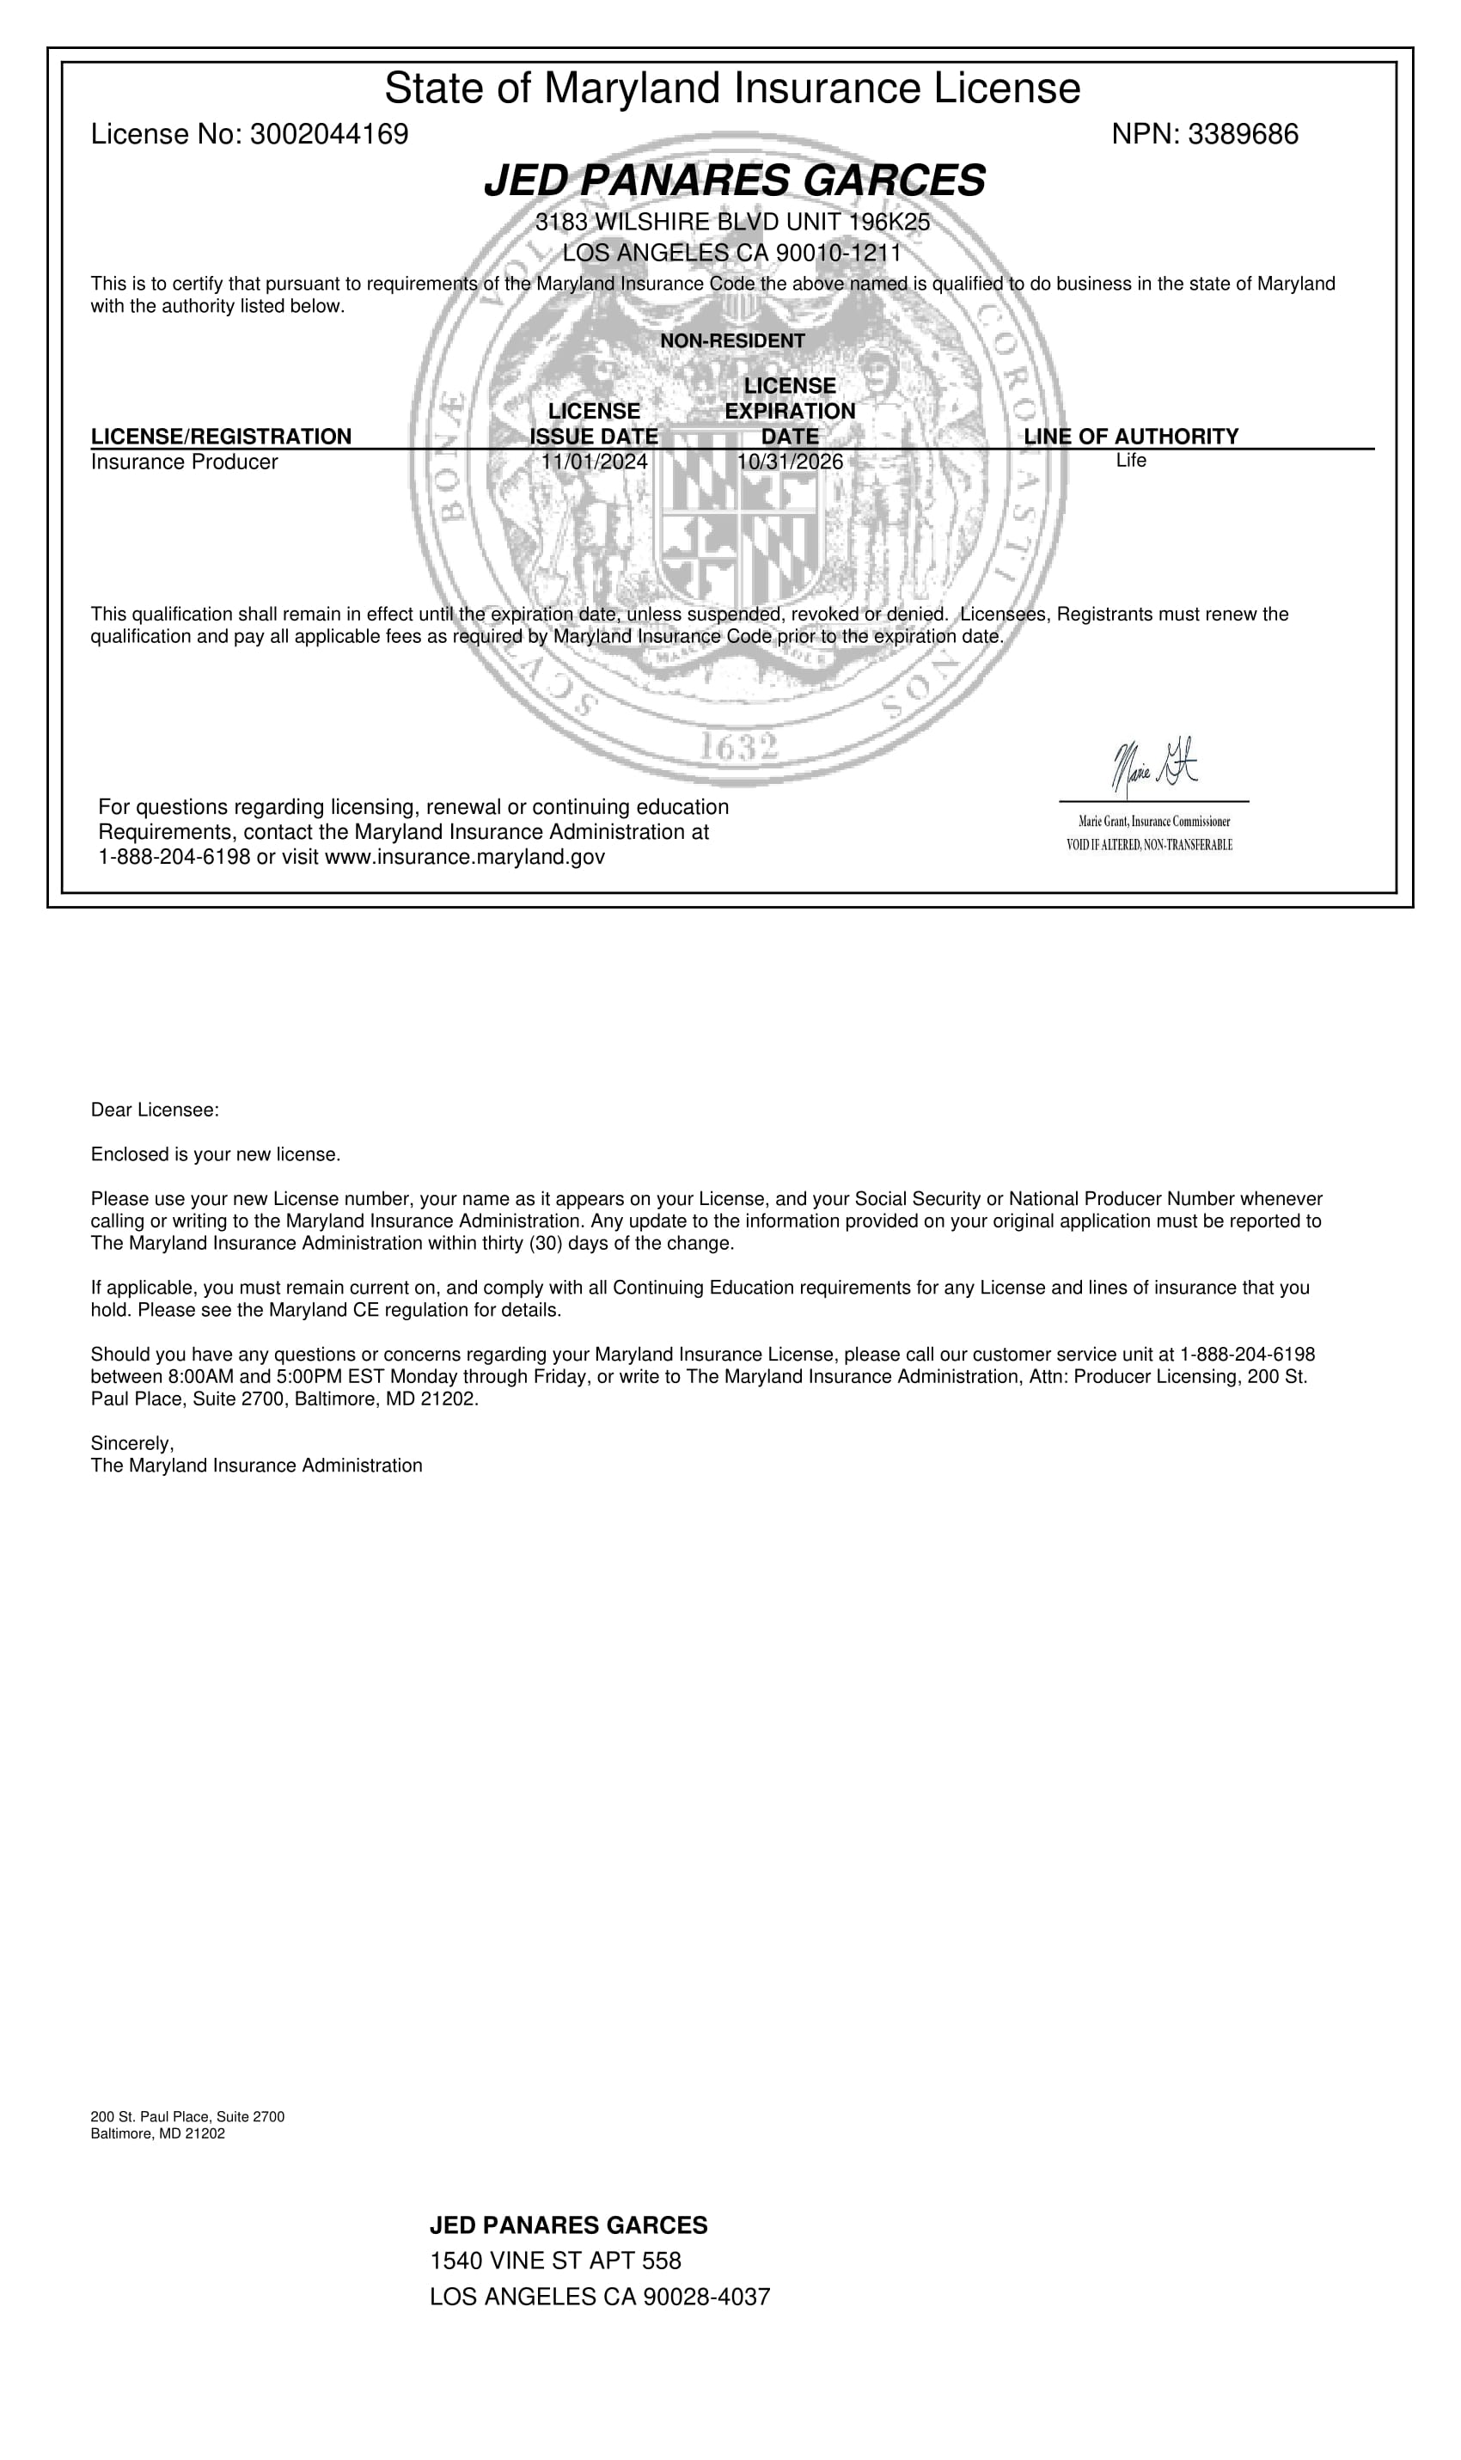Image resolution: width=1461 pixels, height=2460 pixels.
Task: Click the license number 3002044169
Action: (329, 134)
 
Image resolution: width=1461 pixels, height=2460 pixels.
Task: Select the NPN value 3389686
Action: (1243, 134)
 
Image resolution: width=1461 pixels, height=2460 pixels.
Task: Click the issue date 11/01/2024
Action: (595, 461)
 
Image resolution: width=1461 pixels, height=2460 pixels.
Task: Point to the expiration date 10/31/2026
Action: (790, 461)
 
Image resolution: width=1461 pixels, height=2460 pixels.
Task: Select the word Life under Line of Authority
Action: (1130, 460)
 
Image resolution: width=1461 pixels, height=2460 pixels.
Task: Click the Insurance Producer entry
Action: (184, 462)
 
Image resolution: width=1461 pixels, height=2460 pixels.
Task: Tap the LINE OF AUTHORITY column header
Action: (1130, 436)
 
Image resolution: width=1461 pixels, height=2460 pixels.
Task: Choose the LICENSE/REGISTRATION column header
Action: (221, 436)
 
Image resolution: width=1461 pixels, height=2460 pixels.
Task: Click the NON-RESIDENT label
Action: (731, 340)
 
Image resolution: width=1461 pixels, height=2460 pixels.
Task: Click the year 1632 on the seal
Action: (737, 747)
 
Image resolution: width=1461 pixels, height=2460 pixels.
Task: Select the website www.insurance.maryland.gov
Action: (464, 856)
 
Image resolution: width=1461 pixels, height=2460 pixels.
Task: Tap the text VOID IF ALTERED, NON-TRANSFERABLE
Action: (1149, 845)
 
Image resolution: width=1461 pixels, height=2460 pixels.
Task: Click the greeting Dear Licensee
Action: (155, 1111)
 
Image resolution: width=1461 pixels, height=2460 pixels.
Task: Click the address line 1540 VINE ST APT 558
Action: (555, 2261)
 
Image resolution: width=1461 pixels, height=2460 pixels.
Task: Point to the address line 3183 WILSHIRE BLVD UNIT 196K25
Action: (731, 223)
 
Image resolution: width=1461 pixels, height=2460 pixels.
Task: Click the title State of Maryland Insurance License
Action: (731, 89)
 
